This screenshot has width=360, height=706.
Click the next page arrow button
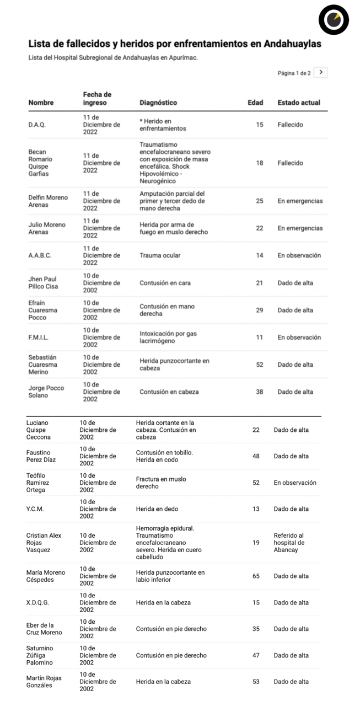tap(320, 72)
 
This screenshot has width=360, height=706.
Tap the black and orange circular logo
tap(334, 20)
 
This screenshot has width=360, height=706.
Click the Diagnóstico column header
tap(158, 103)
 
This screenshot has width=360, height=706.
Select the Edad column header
tap(255, 103)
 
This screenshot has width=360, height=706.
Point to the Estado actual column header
tap(299, 103)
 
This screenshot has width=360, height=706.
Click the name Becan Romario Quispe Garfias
tap(40, 163)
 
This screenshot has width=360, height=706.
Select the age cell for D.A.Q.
tap(259, 125)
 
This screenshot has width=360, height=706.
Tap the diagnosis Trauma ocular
tap(160, 255)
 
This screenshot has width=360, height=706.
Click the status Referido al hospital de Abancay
tap(289, 543)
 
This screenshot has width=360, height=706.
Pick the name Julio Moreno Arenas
tap(47, 228)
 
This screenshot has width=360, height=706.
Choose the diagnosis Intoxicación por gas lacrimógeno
tap(168, 338)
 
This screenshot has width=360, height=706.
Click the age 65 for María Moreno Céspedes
tap(256, 576)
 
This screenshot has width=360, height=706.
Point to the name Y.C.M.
tap(35, 509)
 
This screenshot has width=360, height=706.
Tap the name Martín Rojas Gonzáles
tap(44, 682)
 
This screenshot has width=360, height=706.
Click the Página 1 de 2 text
tap(294, 73)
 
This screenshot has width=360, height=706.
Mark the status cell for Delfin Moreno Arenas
tap(300, 201)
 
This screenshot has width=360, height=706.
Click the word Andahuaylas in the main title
tap(292, 43)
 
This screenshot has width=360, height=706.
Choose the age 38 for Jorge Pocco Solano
tap(259, 392)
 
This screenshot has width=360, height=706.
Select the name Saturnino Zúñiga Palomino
tap(40, 655)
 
